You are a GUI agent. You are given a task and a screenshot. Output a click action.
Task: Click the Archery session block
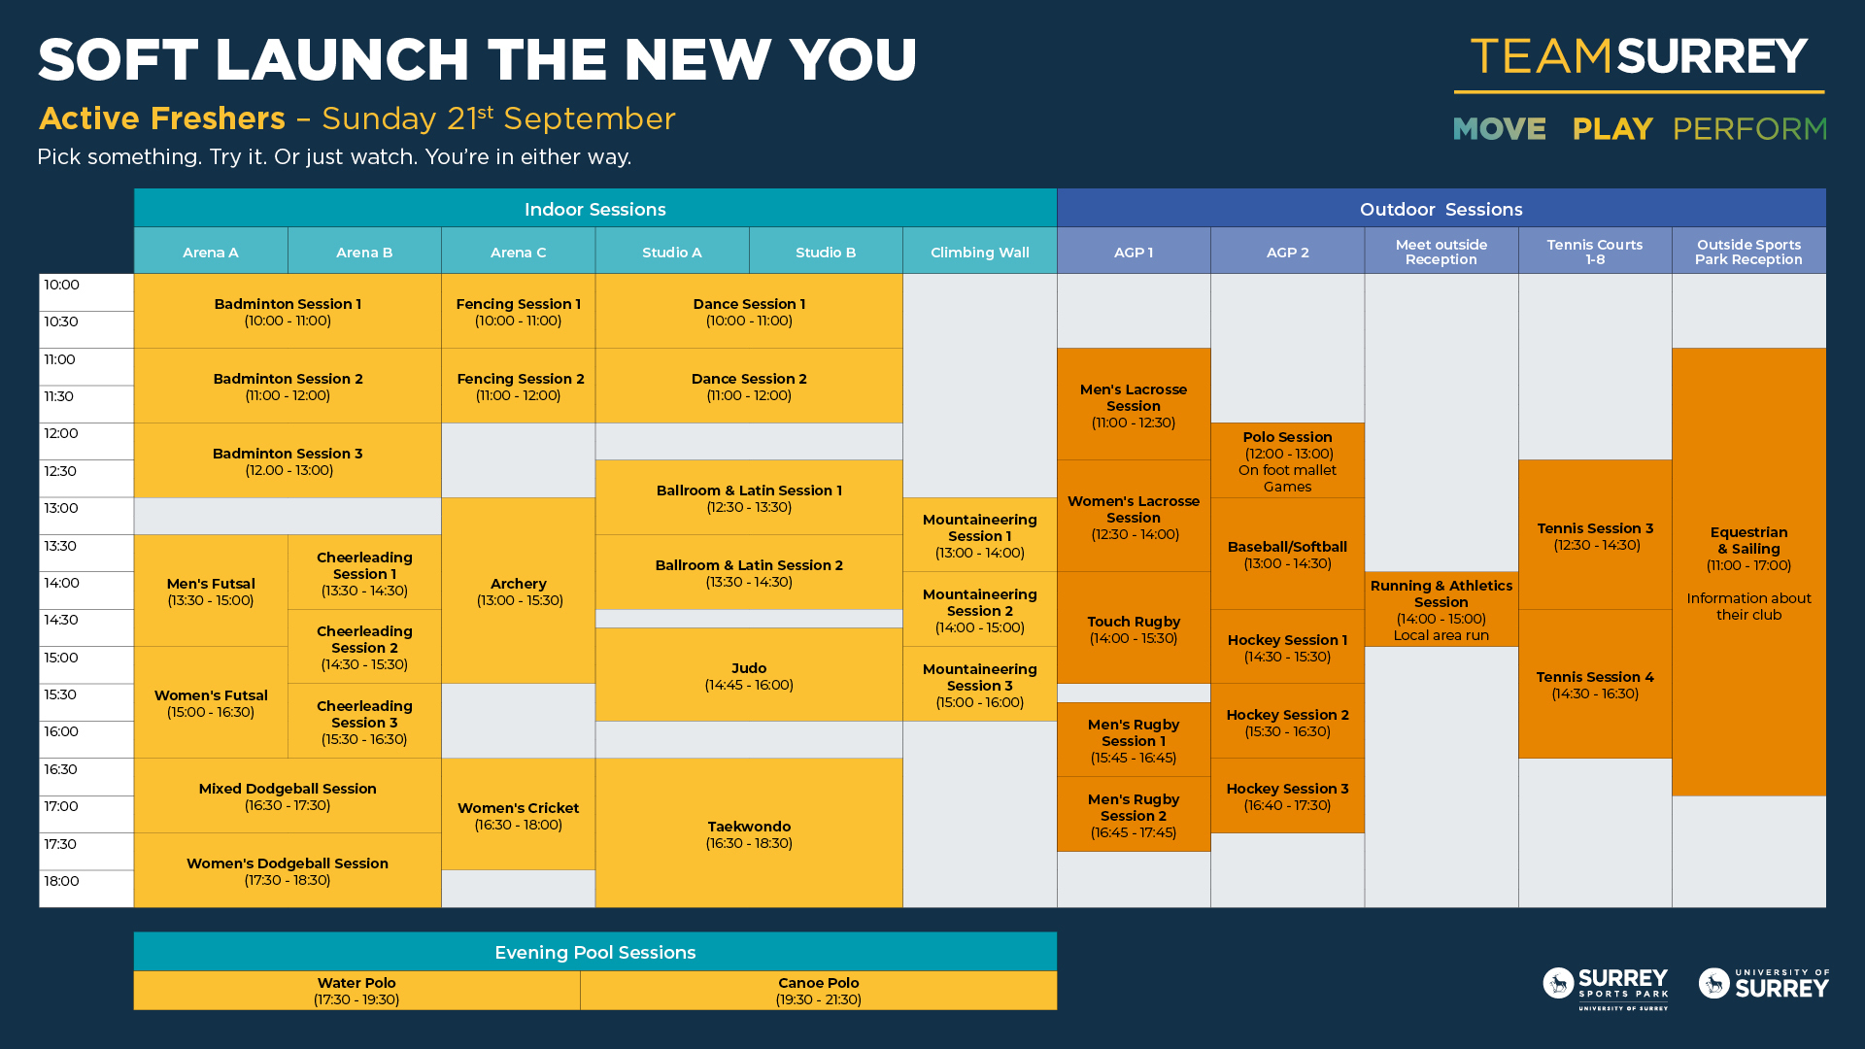(x=518, y=591)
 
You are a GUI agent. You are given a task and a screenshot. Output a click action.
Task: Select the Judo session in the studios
(x=749, y=675)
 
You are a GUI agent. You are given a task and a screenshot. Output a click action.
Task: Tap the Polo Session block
(x=1287, y=460)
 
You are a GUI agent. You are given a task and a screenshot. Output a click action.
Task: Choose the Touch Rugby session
(x=1134, y=628)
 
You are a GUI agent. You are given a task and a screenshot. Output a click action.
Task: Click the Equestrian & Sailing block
(x=1748, y=572)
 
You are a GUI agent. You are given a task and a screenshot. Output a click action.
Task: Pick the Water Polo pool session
(x=356, y=991)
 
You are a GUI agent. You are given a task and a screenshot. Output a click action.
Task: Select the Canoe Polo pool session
(x=819, y=991)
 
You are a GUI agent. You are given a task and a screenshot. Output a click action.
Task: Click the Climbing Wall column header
(x=980, y=252)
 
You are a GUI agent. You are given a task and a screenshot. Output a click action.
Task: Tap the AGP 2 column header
(x=1287, y=252)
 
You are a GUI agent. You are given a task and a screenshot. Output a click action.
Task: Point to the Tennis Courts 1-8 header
(x=1595, y=252)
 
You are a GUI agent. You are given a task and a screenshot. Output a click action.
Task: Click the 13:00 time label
(x=61, y=508)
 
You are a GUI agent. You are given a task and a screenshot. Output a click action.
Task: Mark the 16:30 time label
(x=60, y=769)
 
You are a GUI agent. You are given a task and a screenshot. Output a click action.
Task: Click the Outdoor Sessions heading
(x=1441, y=209)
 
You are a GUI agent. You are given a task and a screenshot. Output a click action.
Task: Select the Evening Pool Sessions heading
(x=595, y=953)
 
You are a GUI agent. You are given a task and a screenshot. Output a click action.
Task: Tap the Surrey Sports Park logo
(x=1606, y=988)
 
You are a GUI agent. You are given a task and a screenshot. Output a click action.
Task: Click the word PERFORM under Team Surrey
(x=1749, y=129)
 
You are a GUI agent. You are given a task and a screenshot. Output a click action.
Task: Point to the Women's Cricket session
(x=518, y=815)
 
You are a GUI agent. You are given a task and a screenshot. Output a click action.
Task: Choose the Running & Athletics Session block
(x=1441, y=609)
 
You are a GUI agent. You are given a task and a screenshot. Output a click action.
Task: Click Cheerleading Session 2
(x=364, y=647)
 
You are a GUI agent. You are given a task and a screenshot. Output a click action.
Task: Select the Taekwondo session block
(x=749, y=833)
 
